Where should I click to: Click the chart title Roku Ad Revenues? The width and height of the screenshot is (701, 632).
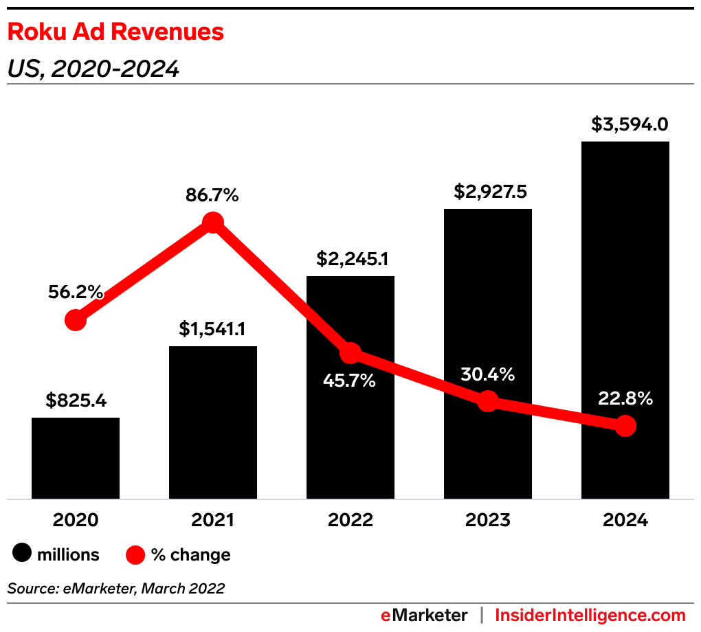click(x=115, y=32)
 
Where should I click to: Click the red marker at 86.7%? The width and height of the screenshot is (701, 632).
click(x=213, y=223)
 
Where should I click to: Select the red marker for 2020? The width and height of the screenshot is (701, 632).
click(x=76, y=320)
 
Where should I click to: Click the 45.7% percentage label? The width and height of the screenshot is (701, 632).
click(x=350, y=380)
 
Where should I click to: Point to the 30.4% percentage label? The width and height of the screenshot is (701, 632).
click(x=488, y=375)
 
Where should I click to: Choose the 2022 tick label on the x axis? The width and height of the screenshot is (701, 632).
click(x=350, y=520)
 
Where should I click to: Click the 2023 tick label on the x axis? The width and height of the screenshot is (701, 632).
click(x=488, y=520)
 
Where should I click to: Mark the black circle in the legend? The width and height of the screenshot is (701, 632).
click(x=22, y=554)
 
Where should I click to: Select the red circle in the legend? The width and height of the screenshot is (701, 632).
click(x=135, y=554)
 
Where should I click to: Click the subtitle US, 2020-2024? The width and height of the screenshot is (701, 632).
click(x=93, y=69)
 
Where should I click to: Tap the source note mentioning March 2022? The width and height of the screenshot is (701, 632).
click(x=116, y=588)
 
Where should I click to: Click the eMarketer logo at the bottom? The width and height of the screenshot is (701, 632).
click(x=424, y=615)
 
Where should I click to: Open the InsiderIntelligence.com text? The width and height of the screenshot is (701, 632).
click(x=590, y=615)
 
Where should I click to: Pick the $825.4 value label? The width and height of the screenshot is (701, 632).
click(x=76, y=400)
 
